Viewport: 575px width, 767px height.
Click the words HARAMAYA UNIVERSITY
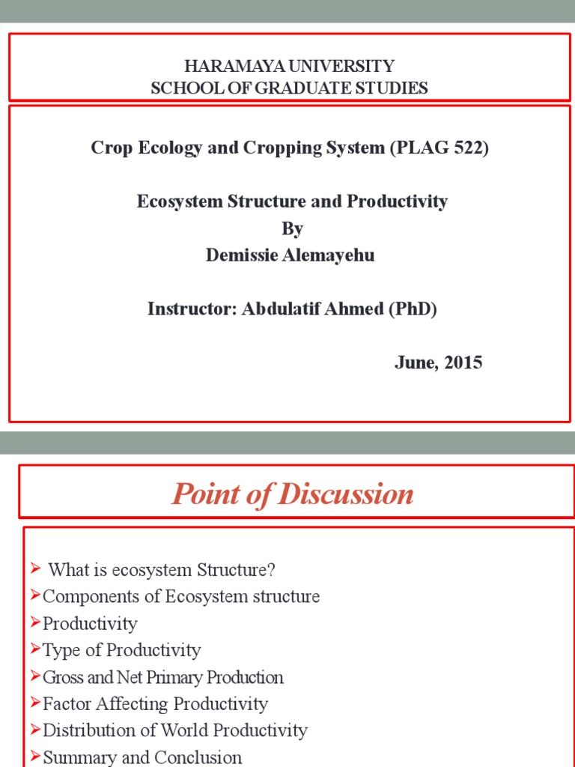pos(289,66)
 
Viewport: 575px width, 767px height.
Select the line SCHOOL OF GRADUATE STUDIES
pos(289,88)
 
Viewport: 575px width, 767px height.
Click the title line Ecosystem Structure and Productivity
pos(292,201)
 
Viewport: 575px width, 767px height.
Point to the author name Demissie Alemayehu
pos(290,255)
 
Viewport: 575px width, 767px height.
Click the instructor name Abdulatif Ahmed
pos(312,309)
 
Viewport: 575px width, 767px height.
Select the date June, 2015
pos(438,363)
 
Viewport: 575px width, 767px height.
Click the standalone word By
pos(292,228)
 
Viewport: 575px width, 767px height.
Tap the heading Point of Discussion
pos(292,494)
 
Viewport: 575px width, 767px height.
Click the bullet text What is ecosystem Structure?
pos(162,570)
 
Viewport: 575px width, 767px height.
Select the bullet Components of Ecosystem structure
pos(181,597)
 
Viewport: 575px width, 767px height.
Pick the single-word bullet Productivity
pos(90,624)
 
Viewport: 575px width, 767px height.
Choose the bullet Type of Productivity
pos(121,650)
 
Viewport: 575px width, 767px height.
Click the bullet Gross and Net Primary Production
pos(163,677)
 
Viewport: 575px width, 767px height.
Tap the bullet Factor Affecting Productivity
pos(155,704)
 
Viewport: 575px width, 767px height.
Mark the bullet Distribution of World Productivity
pos(175,730)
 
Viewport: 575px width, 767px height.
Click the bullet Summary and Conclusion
pos(142,757)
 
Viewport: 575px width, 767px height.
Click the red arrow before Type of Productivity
pos(36,649)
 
